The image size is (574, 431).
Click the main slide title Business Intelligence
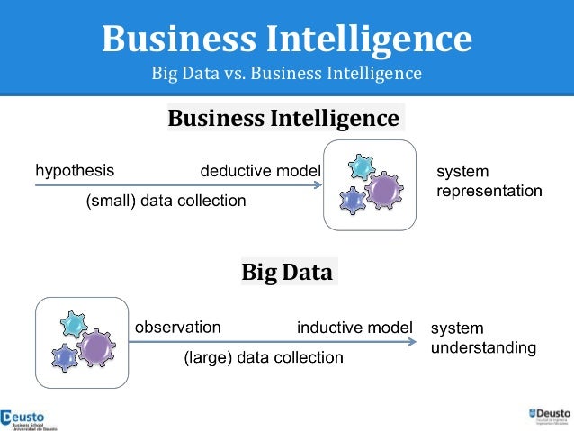click(x=286, y=39)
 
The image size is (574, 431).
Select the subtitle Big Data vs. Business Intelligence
click(x=286, y=73)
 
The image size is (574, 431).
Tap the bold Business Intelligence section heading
click(x=283, y=118)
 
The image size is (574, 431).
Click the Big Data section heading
click(x=287, y=272)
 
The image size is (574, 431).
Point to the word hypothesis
click(x=75, y=169)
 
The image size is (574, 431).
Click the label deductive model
click(x=260, y=170)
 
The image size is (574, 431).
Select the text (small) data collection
click(x=166, y=202)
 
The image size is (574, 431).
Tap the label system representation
click(x=489, y=181)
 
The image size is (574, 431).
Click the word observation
click(x=177, y=327)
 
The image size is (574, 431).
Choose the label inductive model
click(x=354, y=327)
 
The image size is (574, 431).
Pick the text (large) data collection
click(x=264, y=357)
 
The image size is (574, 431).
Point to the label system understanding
click(x=483, y=337)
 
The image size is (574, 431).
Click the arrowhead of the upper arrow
click(x=318, y=185)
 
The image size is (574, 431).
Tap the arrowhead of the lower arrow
click(x=413, y=342)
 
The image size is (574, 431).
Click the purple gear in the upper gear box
click(x=384, y=191)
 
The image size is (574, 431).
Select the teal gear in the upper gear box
click(x=362, y=166)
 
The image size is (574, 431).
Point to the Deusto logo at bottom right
click(x=548, y=417)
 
